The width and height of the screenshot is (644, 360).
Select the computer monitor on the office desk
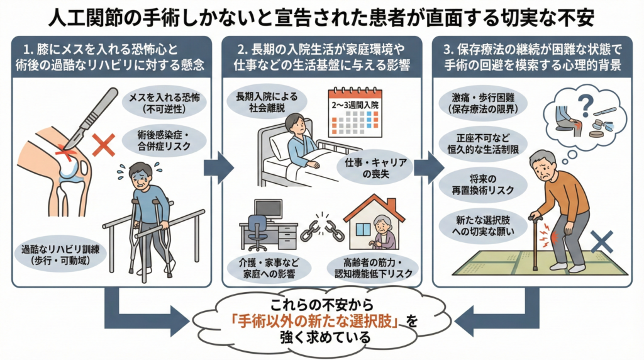(267, 210)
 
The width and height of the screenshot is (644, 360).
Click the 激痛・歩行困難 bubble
(482, 103)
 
